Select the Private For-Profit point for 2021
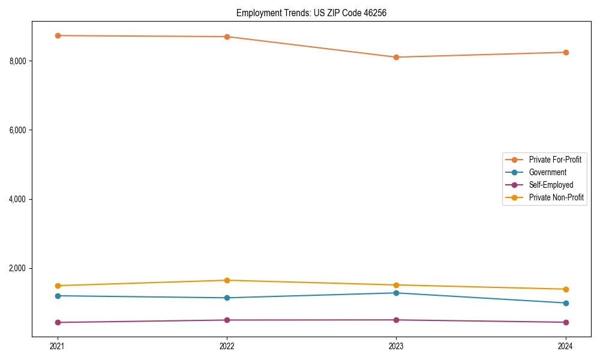pos(58,35)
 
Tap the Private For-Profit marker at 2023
pos(396,57)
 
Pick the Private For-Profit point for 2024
pos(566,52)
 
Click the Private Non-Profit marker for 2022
pos(227,280)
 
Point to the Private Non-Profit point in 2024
pos(566,289)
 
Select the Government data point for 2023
pos(396,293)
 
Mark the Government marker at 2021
pos(58,296)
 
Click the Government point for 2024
pos(566,303)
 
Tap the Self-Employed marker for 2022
pos(227,320)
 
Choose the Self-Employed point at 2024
pos(566,322)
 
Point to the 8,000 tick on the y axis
pos(17,61)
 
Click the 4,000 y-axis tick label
pos(17,199)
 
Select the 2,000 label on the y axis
pos(17,268)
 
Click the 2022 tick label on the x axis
pos(227,346)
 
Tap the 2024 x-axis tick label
pos(566,346)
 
